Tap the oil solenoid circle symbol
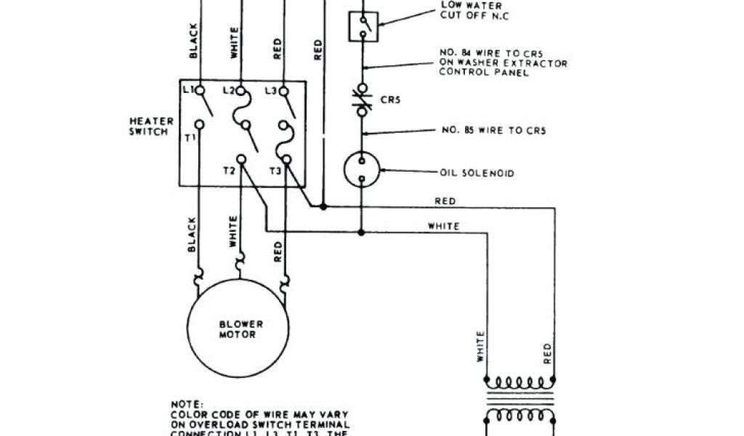pos(362,169)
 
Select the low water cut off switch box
pos(363,26)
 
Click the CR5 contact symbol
pos(362,100)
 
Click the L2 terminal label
pos(229,90)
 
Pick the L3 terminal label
pos(270,90)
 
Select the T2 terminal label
pos(229,171)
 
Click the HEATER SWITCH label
pos(150,126)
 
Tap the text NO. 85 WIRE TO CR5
pos(493,131)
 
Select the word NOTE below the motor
pos(182,402)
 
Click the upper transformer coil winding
pos(519,382)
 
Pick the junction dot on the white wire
pos(362,232)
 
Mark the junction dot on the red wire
pos(323,206)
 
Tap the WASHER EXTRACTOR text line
pos(504,63)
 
